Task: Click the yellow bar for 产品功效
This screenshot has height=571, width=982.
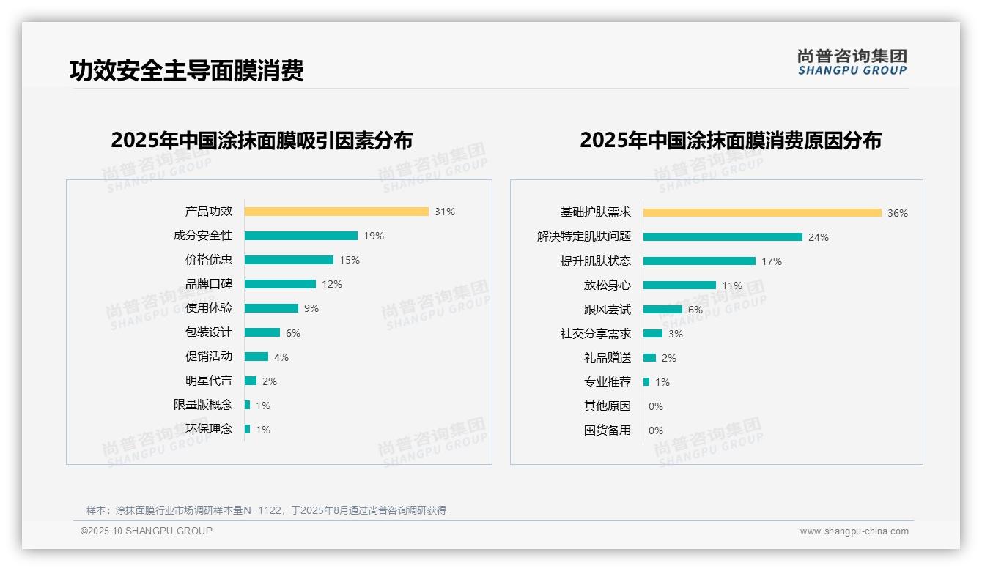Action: [x=336, y=212]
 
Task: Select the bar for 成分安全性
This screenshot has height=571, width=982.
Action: [x=301, y=236]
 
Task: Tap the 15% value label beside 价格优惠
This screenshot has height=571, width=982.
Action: [x=350, y=260]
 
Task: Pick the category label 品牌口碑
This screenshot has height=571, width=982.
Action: [x=209, y=284]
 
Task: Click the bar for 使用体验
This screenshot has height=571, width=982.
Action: [x=272, y=308]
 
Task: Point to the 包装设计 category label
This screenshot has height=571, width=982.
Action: [x=209, y=332]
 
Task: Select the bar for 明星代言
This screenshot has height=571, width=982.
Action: [x=251, y=381]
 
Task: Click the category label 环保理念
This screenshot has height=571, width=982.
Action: [x=209, y=429]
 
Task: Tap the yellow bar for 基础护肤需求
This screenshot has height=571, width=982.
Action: [x=762, y=213]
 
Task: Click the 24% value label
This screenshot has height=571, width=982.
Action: [x=819, y=237]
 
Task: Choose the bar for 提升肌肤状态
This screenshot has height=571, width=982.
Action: [x=699, y=261]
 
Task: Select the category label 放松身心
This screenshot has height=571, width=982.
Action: [x=608, y=285]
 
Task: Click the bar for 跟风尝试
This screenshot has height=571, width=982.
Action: [x=662, y=310]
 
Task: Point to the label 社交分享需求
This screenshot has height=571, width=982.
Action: [x=596, y=334]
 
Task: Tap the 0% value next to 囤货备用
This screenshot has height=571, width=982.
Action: [x=656, y=430]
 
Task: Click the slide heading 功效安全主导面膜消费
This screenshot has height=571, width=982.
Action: [x=187, y=71]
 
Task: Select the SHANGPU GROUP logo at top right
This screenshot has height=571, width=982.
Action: [x=852, y=62]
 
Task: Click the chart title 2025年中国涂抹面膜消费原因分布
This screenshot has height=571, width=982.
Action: [x=731, y=141]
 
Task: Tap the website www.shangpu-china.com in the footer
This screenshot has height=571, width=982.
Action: [x=854, y=531]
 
